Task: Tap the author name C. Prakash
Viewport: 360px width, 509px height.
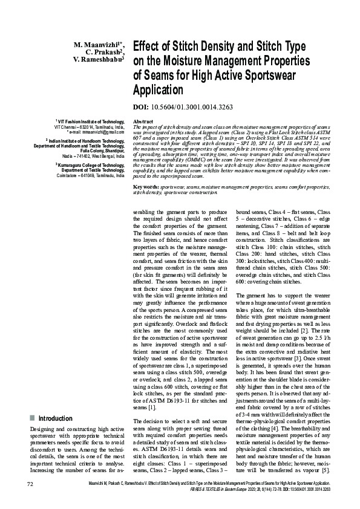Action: [x=105, y=53]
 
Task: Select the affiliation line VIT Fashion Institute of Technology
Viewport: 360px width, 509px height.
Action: [x=90, y=122]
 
